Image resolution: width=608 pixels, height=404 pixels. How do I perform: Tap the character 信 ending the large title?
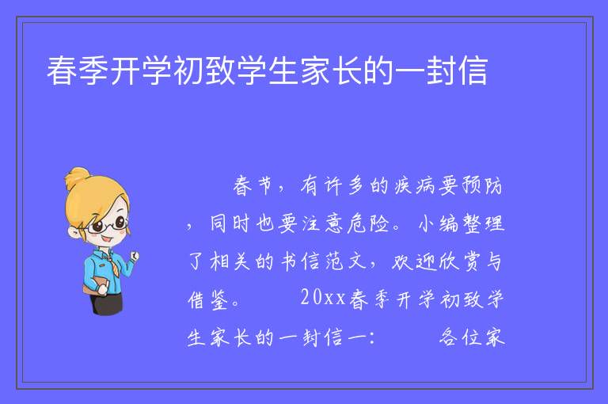pyautogui.click(x=473, y=71)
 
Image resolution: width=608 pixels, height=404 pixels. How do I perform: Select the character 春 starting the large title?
pyautogui.click(x=62, y=71)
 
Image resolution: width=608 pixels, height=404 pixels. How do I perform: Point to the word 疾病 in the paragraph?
pyautogui.click(x=416, y=185)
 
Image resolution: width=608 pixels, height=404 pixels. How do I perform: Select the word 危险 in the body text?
pyautogui.click(x=368, y=224)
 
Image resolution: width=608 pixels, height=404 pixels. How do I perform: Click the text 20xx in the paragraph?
pyautogui.click(x=323, y=298)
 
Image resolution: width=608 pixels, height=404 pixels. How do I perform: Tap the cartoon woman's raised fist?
pyautogui.click(x=135, y=256)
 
